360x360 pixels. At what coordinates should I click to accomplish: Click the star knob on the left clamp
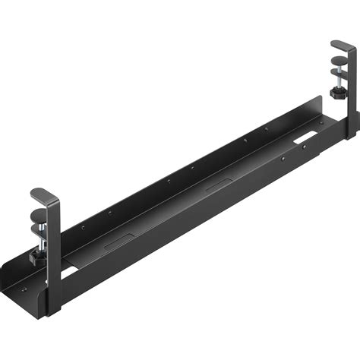[x=36, y=259]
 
